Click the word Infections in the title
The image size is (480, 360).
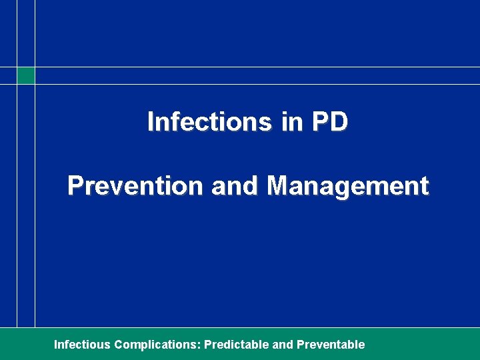point(209,122)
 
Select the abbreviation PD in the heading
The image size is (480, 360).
point(329,122)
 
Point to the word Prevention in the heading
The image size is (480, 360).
point(135,186)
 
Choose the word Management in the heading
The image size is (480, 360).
point(347,186)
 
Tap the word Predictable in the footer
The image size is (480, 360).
point(237,345)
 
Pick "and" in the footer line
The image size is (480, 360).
point(283,345)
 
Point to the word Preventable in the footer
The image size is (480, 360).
point(331,345)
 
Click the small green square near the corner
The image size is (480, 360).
point(25,75)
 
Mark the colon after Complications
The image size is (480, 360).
point(199,345)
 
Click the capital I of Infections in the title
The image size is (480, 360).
point(150,122)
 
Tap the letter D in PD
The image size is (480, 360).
point(338,122)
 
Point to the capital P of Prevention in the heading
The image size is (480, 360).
point(75,186)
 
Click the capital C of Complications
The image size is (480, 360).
point(119,345)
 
